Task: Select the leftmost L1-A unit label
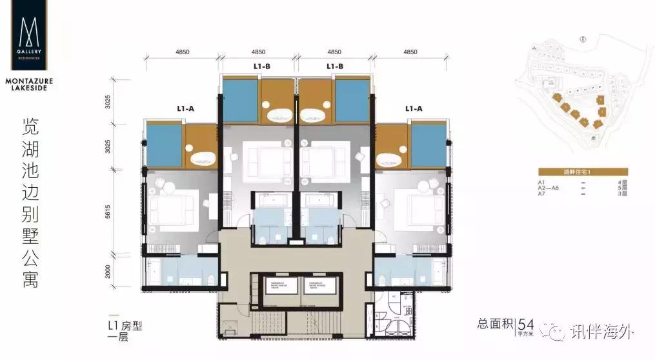pos(185,109)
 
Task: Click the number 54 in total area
pos(527,325)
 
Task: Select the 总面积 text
pos(496,325)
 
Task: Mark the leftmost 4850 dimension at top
pos(183,52)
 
